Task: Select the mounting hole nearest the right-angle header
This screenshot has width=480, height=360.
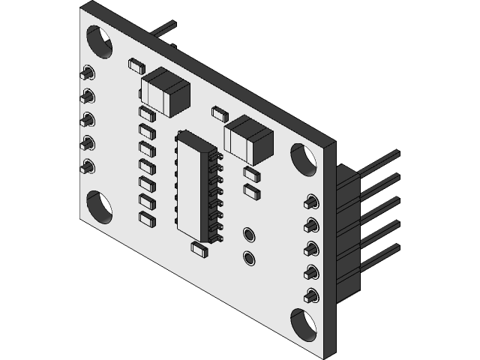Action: [304, 159]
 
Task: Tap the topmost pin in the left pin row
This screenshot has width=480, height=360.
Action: [88, 73]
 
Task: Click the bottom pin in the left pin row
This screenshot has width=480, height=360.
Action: [88, 166]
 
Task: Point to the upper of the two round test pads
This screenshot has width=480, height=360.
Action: [249, 235]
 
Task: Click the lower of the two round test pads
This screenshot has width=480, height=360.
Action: [249, 259]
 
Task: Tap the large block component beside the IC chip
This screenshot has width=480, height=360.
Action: [248, 139]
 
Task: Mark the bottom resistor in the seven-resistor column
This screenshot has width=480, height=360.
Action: [147, 218]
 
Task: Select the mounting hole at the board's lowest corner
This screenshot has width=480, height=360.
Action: [304, 323]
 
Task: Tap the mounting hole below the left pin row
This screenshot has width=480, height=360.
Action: [99, 206]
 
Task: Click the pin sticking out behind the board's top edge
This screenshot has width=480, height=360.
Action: [163, 29]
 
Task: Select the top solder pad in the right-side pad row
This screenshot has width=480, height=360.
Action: [310, 202]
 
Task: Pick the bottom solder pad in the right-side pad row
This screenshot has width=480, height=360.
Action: [310, 295]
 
